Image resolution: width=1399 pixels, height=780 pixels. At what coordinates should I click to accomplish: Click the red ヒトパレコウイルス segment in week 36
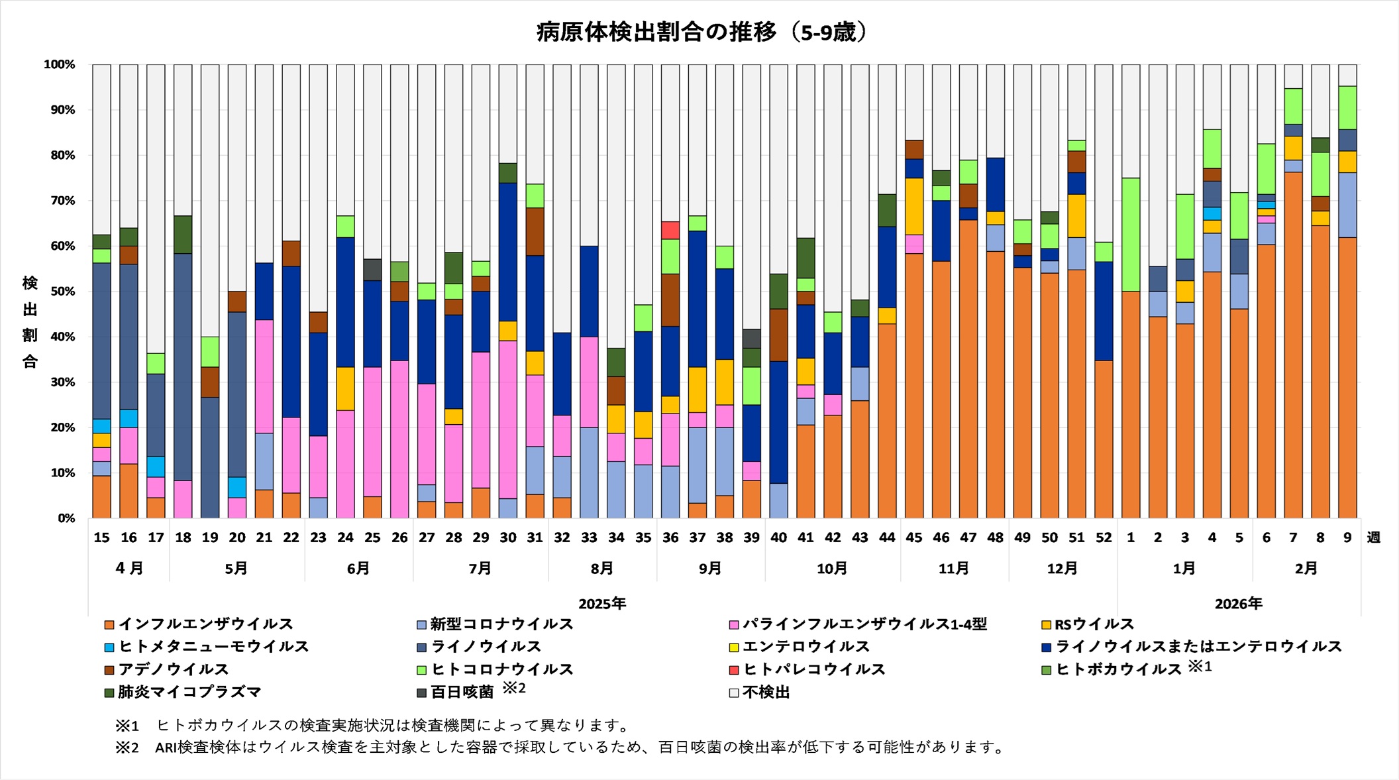tap(670, 230)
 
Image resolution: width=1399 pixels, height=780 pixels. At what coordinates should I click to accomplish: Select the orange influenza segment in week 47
tap(968, 368)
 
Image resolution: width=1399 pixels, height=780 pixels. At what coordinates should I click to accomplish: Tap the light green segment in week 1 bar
tap(1131, 235)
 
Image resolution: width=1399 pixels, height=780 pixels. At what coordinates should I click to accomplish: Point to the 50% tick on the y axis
tap(63, 292)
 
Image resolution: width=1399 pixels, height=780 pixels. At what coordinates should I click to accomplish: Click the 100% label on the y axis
tap(60, 65)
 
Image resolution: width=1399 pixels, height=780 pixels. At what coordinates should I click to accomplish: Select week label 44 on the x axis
tap(887, 537)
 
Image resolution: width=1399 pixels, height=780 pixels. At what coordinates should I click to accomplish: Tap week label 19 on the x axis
tap(210, 537)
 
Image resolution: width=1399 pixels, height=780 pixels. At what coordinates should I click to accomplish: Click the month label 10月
tap(832, 569)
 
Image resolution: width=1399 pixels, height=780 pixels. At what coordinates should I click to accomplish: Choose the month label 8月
tap(602, 569)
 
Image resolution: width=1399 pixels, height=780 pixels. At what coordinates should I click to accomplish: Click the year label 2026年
tap(1238, 604)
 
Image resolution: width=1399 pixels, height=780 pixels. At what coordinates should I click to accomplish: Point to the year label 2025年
tap(602, 604)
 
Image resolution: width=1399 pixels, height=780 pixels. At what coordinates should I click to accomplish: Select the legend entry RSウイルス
tap(1094, 624)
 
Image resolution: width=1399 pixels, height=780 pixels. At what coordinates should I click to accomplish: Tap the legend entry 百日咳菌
tap(462, 693)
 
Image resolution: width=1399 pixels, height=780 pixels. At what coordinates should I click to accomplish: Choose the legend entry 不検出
tap(766, 693)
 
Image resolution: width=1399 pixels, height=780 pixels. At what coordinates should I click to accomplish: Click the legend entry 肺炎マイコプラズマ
tap(189, 693)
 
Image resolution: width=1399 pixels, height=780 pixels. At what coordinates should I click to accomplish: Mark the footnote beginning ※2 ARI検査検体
tap(560, 748)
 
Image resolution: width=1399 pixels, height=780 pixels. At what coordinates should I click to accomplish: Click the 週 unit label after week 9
tap(1374, 537)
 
